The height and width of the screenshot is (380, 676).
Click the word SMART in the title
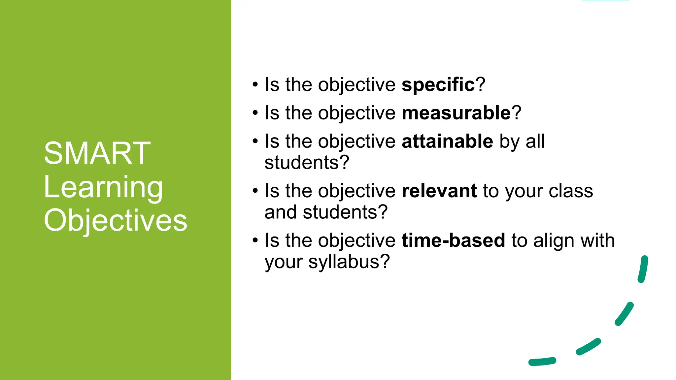(97, 153)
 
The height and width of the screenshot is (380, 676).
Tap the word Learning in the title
(103, 187)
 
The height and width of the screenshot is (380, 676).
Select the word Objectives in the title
(115, 220)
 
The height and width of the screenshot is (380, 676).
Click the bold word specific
(438, 85)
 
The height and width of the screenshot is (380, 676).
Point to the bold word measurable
(456, 113)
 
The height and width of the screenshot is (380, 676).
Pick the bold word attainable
(447, 142)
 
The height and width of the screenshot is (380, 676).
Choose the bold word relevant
(439, 191)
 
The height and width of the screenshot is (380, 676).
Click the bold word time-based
(453, 240)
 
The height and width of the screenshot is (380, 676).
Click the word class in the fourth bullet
(571, 191)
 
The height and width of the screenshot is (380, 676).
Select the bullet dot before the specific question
(255, 85)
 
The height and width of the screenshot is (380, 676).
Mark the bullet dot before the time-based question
(255, 240)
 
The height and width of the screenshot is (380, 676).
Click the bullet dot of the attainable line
(255, 142)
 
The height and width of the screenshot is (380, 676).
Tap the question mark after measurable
(517, 113)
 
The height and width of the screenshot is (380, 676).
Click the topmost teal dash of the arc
(643, 269)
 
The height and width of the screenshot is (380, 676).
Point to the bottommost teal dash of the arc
(542, 362)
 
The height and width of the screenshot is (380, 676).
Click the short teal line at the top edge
(605, 0)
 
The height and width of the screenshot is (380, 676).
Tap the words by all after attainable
(522, 142)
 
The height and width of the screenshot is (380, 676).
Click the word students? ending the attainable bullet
(307, 163)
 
